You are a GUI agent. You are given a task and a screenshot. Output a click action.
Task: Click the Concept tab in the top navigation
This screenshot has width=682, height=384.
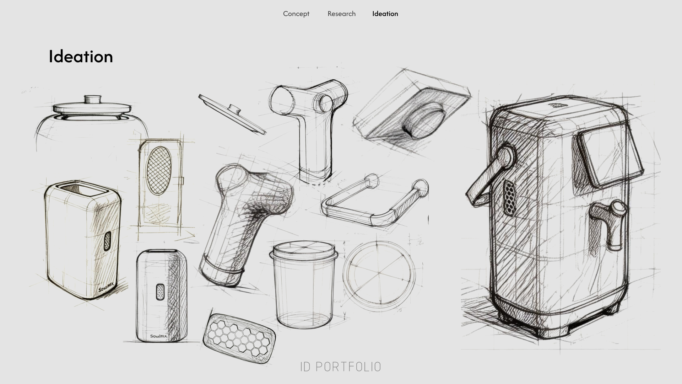[x=296, y=14]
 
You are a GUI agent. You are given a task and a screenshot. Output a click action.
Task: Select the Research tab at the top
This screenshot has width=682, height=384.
[x=341, y=14]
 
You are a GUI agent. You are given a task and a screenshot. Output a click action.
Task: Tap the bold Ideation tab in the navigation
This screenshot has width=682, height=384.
[x=385, y=14]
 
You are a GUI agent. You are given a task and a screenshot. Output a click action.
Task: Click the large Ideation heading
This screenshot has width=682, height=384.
[x=81, y=57]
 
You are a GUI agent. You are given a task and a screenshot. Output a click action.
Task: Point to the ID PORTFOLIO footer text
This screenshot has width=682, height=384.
[x=340, y=367]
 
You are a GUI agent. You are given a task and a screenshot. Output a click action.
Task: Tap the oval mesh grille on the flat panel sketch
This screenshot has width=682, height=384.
[x=159, y=170]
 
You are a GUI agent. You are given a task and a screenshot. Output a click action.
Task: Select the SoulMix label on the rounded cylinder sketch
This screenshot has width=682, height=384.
[x=158, y=336]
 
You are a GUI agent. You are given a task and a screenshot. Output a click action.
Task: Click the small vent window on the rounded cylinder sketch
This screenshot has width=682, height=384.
[x=161, y=292]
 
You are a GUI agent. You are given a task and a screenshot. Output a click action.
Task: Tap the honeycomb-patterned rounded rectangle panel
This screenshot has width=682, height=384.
[x=239, y=338]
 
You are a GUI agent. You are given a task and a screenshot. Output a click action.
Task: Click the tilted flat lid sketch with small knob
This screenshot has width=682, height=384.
[x=232, y=114]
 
